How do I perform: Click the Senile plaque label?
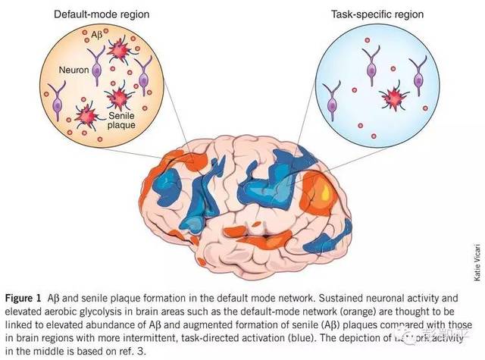[121, 121]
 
